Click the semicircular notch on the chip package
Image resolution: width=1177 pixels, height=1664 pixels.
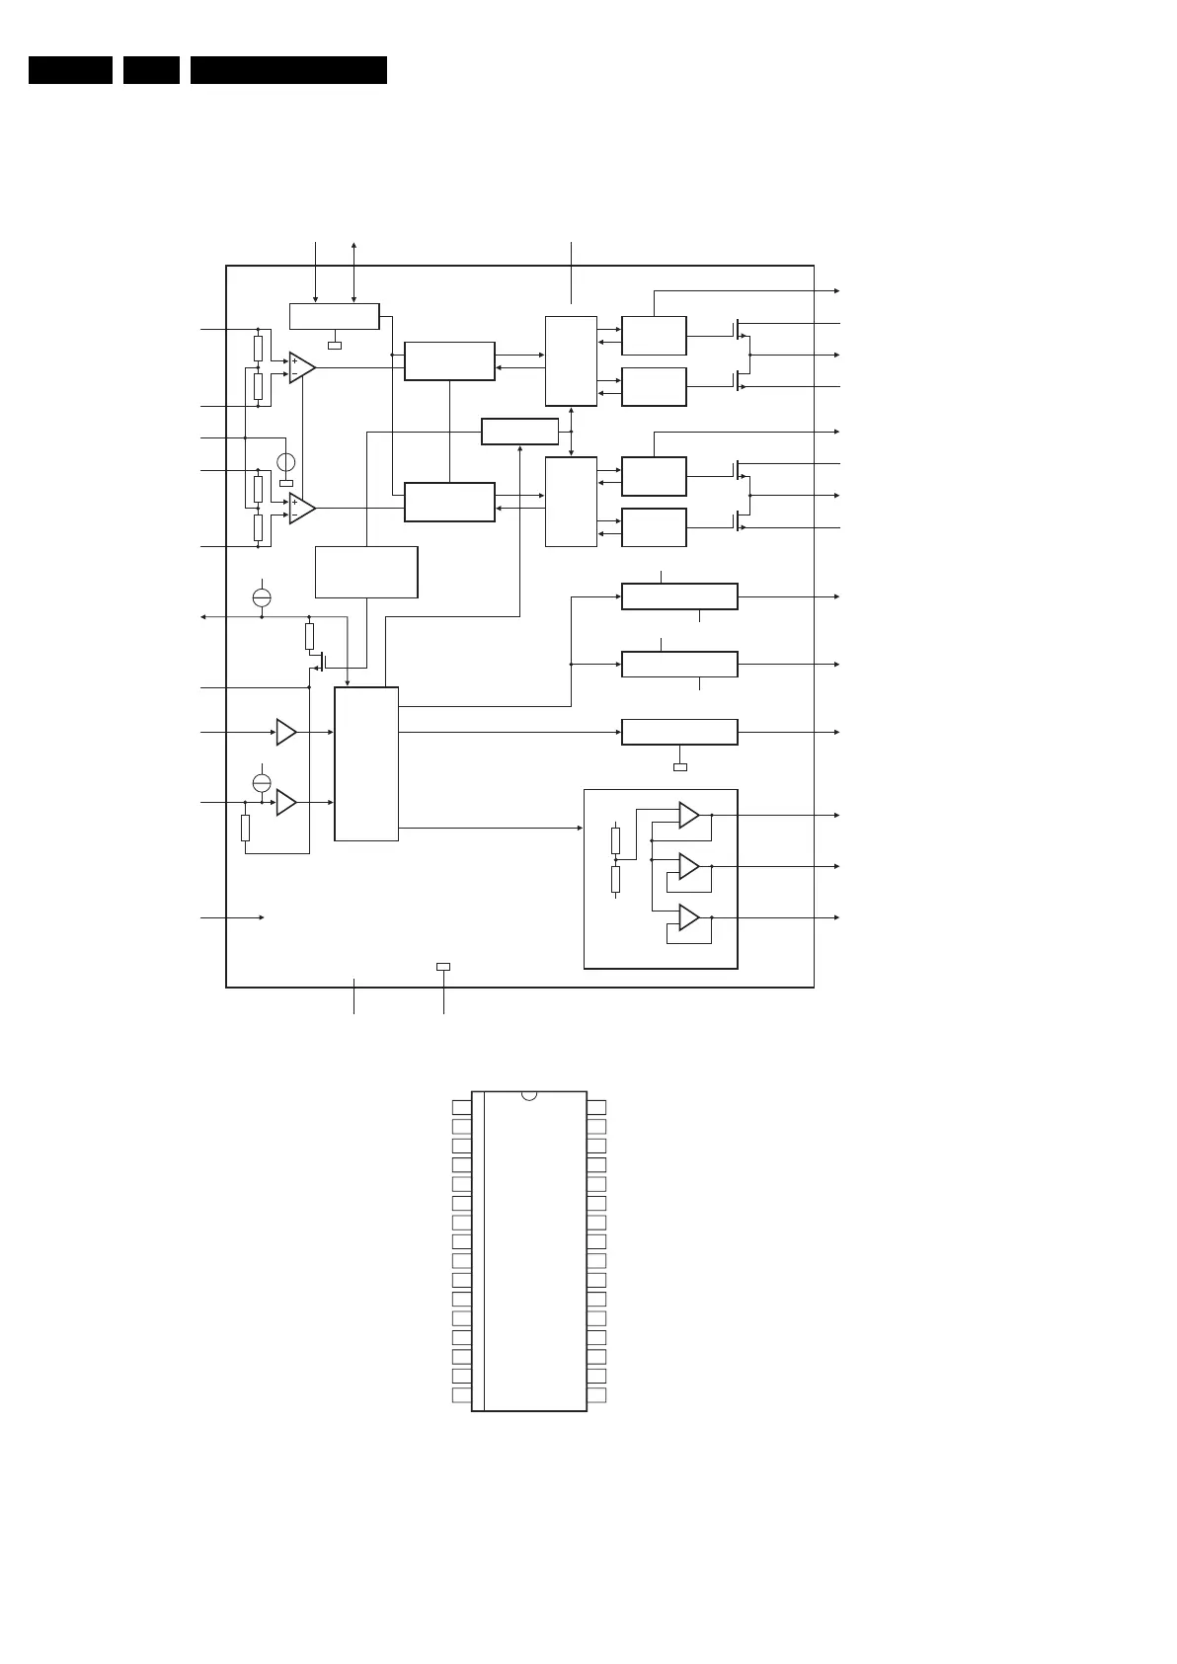[x=529, y=1095]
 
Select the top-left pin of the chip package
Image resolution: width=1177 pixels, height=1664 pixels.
[x=461, y=1107]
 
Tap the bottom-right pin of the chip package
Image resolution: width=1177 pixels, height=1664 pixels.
[x=596, y=1395]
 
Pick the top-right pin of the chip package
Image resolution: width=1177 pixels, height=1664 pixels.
[x=596, y=1107]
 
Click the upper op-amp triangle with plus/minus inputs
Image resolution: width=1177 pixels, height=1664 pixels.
[x=301, y=367]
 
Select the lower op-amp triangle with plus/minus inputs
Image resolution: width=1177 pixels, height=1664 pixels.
[x=301, y=508]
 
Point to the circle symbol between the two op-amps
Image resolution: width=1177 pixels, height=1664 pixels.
[x=286, y=462]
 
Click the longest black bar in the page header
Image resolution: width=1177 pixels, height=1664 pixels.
[x=288, y=70]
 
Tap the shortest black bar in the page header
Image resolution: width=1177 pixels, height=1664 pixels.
[x=151, y=70]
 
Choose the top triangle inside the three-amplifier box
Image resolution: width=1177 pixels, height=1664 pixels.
[x=688, y=816]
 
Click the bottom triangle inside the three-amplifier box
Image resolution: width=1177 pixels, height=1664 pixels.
[x=688, y=917]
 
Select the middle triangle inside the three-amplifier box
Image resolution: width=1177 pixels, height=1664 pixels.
[x=688, y=866]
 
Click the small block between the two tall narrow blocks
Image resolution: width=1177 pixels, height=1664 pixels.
[x=519, y=432]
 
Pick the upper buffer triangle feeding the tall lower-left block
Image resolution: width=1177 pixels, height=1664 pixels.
[x=286, y=732]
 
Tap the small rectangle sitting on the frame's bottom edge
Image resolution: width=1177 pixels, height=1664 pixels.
[x=443, y=967]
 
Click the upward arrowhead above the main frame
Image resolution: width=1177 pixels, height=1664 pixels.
[x=353, y=244]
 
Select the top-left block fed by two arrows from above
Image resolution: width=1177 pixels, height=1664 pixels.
[x=334, y=316]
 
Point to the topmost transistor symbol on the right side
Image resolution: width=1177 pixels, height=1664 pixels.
[x=739, y=328]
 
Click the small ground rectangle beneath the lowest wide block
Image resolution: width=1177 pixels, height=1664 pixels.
[x=679, y=766]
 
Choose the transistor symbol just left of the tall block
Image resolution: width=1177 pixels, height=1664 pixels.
[x=321, y=661]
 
